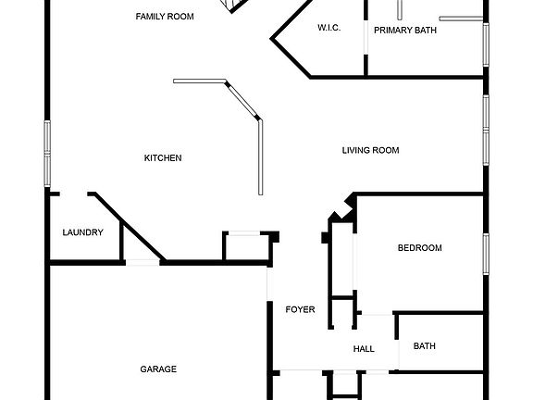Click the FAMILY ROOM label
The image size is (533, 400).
coord(165,17)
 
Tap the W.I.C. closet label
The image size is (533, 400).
coord(329,28)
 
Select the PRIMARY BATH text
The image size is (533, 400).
coord(405,31)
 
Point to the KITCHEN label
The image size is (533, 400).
coord(163,157)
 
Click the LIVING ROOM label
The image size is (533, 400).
coord(370,150)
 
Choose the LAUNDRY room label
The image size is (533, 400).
coord(82,232)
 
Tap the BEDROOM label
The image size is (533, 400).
coord(420,247)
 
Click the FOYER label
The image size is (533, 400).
coord(300,309)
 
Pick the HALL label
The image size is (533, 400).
coord(364,349)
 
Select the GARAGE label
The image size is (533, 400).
coord(158,369)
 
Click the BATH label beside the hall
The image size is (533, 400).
coord(425,346)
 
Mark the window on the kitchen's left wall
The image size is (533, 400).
coord(47,154)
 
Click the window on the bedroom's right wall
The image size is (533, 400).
coord(486,254)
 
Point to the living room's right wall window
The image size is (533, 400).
coord(486,131)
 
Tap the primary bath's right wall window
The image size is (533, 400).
coord(486,44)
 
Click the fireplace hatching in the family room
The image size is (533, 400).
coord(235,5)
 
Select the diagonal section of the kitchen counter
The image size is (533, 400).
coord(242,100)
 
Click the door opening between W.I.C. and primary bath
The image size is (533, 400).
coord(366,37)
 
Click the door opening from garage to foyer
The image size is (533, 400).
coord(269,283)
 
